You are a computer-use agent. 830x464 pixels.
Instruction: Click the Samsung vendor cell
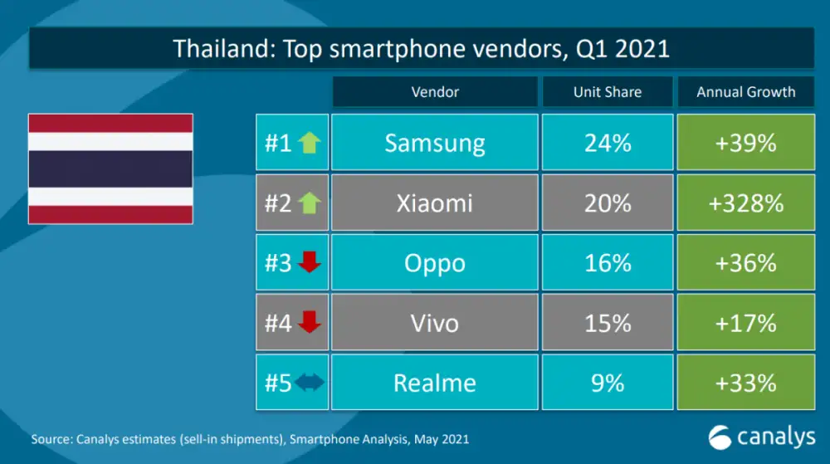point(434,144)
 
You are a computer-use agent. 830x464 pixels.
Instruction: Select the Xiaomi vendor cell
point(434,203)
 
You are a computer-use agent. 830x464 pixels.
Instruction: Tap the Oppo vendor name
point(434,263)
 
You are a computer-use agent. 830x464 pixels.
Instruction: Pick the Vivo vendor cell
point(434,323)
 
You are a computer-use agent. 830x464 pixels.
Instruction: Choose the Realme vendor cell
point(434,383)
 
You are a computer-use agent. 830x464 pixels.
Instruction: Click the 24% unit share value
point(608,144)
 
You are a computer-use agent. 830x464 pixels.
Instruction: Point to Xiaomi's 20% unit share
point(608,203)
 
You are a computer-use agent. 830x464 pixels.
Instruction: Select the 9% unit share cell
point(608,383)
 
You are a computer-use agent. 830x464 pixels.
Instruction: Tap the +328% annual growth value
point(745,203)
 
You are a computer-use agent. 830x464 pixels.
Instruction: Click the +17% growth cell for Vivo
point(745,323)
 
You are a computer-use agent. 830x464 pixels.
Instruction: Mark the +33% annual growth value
point(745,383)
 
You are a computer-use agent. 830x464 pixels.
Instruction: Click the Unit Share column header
point(608,92)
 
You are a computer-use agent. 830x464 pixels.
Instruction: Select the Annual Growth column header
point(745,92)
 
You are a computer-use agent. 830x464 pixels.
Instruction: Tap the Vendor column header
point(434,92)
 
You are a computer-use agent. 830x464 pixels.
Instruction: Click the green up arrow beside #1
point(309,144)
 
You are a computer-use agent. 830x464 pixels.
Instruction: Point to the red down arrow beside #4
point(309,323)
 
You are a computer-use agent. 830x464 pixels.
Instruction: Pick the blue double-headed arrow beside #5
point(309,383)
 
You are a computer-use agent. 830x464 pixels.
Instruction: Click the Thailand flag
point(110,169)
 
